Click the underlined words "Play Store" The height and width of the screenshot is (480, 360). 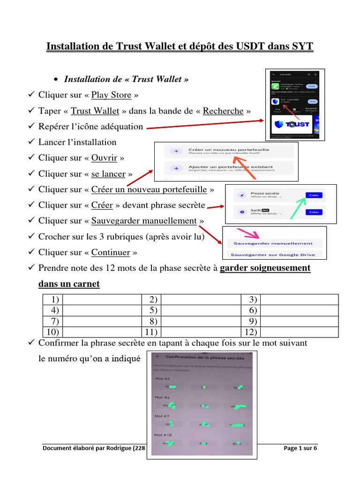point(111,95)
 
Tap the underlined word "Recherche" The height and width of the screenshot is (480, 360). point(223,111)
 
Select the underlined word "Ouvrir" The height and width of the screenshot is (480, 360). point(105,158)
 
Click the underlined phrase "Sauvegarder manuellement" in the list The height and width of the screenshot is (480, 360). point(144,221)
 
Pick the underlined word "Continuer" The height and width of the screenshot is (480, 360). point(111,253)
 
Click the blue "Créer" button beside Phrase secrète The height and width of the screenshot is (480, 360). point(314,195)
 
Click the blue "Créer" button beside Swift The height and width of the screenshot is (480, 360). point(314,212)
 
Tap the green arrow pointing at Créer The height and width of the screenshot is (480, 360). point(296,206)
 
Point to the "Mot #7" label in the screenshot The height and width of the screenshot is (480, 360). point(162,416)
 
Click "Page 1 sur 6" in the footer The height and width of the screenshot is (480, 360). point(300,449)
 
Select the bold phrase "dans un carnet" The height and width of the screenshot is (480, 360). point(69,284)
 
